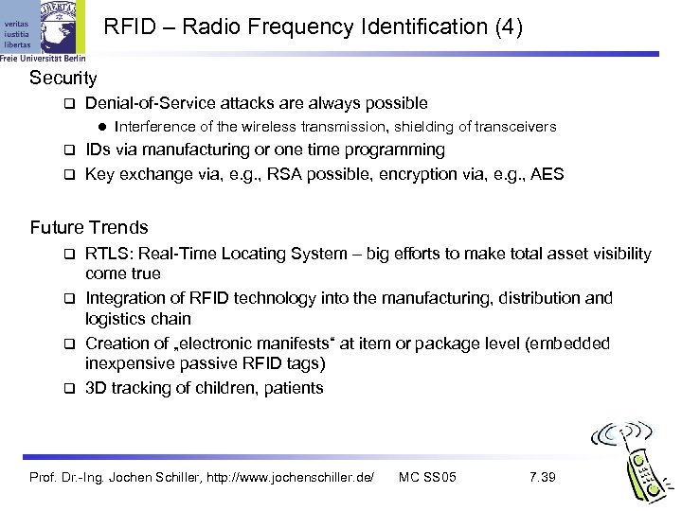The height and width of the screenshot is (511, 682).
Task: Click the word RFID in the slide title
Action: (x=128, y=27)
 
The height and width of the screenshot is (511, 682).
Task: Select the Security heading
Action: (x=63, y=76)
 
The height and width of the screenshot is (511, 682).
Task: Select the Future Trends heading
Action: (x=89, y=227)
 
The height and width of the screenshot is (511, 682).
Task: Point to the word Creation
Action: (x=117, y=344)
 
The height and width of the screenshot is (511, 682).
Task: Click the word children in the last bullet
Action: (x=214, y=388)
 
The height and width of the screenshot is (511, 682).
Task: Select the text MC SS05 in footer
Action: (x=428, y=476)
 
